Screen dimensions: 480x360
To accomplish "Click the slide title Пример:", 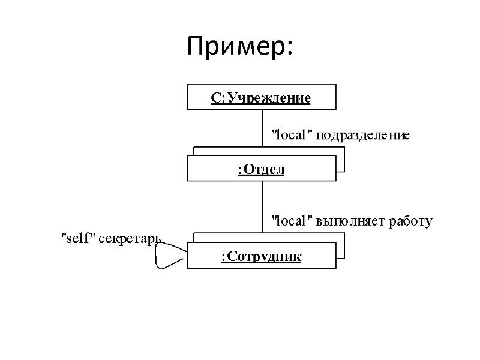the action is pos(239,46).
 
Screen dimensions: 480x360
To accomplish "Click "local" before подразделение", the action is pos(293,136).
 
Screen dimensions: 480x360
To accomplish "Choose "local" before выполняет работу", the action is pos(293,221).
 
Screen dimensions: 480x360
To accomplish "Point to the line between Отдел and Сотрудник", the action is pos(262,207).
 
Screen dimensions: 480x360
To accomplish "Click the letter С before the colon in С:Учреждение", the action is pos(215,97).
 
